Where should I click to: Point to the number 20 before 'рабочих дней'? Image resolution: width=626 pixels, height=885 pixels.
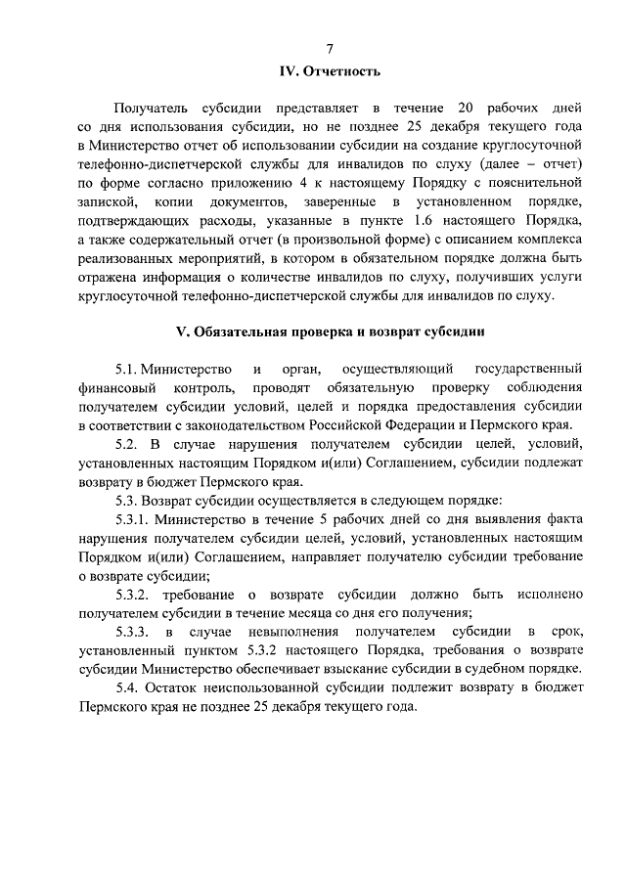click(467, 107)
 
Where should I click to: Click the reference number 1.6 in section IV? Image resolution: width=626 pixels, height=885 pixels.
click(428, 219)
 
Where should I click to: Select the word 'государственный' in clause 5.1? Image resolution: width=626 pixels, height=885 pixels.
click(529, 369)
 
